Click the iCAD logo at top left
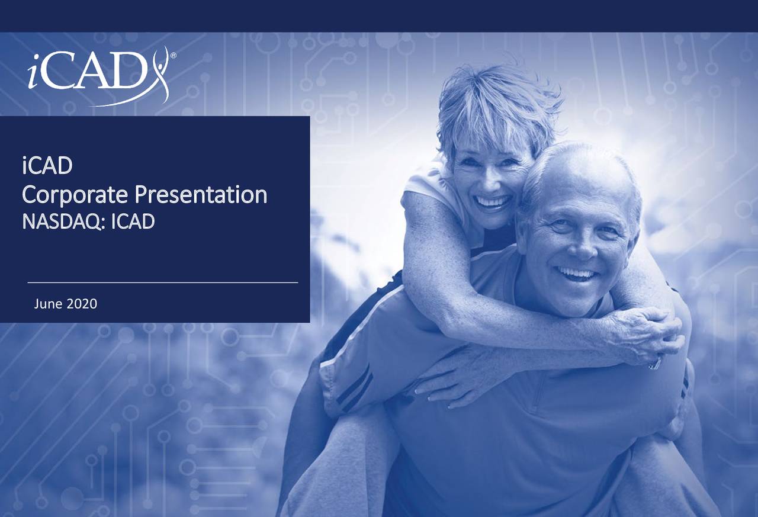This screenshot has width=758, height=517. point(98,76)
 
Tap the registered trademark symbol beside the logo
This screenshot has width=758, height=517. point(173,56)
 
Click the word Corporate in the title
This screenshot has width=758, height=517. point(73,195)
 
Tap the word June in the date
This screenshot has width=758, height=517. point(49,304)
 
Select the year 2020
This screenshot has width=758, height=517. point(82,304)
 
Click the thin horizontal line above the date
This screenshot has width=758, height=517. point(162,283)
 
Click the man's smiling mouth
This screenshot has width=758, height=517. point(576,273)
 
